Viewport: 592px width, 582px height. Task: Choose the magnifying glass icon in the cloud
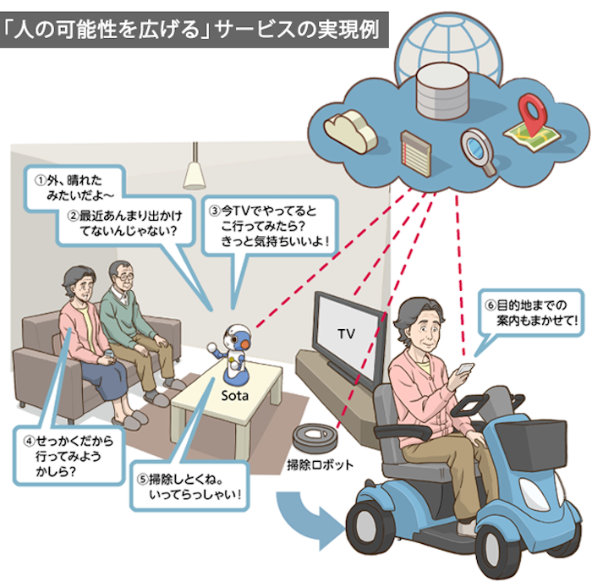pyautogui.click(x=478, y=151)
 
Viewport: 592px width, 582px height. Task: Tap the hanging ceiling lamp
pyautogui.click(x=196, y=173)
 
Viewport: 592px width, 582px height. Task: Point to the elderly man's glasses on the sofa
pyautogui.click(x=123, y=277)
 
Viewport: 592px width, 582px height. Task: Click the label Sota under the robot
pyautogui.click(x=233, y=393)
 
